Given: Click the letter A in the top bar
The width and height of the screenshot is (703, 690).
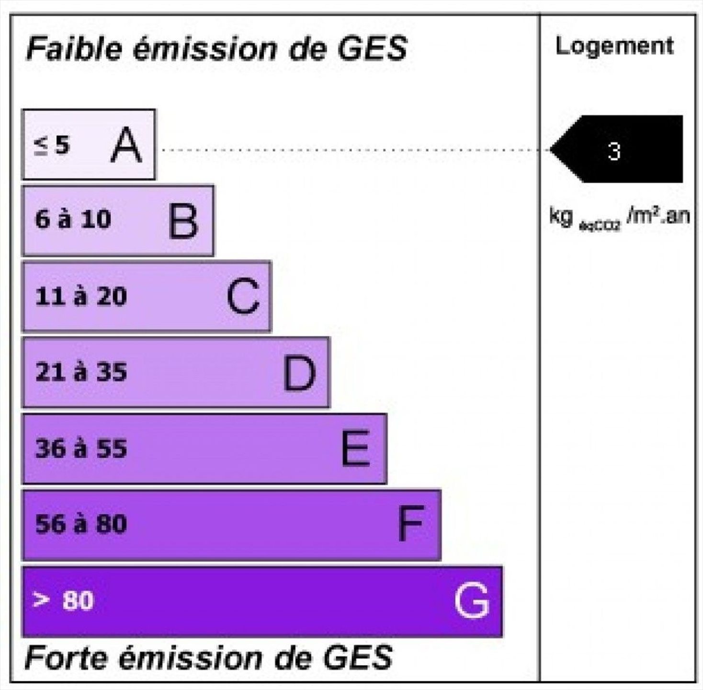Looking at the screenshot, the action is pyautogui.click(x=126, y=145).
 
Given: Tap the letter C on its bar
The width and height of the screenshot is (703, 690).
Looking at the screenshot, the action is pyautogui.click(x=243, y=296).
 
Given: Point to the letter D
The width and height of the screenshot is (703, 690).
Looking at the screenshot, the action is pyautogui.click(x=299, y=373).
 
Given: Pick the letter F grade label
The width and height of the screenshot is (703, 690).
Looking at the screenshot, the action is pyautogui.click(x=410, y=524).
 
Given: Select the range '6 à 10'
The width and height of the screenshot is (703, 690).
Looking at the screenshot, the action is pyautogui.click(x=73, y=219).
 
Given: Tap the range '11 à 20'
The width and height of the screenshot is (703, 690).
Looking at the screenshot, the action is pyautogui.click(x=81, y=296).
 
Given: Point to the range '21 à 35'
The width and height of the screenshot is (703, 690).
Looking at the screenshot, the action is pyautogui.click(x=81, y=372).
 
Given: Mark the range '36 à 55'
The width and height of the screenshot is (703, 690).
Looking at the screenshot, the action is pyautogui.click(x=81, y=448).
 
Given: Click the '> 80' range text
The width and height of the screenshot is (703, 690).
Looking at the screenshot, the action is pyautogui.click(x=63, y=600).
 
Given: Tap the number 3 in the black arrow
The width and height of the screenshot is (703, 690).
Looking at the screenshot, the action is pyautogui.click(x=614, y=151).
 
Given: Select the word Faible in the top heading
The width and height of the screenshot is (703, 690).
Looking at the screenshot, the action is pyautogui.click(x=74, y=48).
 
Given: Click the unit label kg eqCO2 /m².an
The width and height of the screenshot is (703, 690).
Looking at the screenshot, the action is pyautogui.click(x=620, y=218).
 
